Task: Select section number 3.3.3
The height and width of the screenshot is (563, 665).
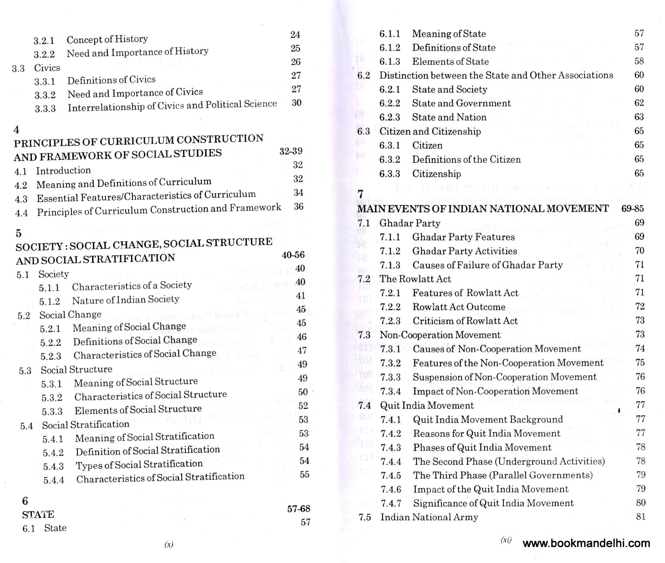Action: [x=45, y=108]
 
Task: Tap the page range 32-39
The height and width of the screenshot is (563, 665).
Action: [x=291, y=151]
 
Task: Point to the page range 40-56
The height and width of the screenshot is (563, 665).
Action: [x=293, y=255]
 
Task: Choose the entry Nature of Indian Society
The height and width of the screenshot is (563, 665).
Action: [x=126, y=300]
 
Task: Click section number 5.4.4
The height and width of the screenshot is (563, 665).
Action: [x=54, y=480]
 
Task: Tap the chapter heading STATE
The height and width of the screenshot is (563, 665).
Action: [x=38, y=514]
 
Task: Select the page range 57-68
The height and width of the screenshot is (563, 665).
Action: [x=299, y=509]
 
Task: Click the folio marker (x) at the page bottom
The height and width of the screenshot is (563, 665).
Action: [x=169, y=544]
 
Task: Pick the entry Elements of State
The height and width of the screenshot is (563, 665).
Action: [x=450, y=61]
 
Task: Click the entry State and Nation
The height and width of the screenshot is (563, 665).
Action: [x=449, y=117]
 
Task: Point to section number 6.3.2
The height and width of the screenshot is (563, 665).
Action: [x=390, y=160]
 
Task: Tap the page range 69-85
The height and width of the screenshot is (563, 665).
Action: [x=632, y=208]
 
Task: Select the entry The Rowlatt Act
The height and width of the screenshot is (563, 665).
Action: [x=415, y=279]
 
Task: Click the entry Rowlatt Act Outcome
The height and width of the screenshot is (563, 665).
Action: [x=459, y=307]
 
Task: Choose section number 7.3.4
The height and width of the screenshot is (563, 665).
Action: [x=390, y=391]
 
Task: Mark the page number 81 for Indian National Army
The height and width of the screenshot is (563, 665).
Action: [x=641, y=517]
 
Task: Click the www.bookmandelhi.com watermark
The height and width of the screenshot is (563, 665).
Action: [x=586, y=543]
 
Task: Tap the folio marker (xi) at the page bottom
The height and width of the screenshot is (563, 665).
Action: [x=506, y=540]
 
